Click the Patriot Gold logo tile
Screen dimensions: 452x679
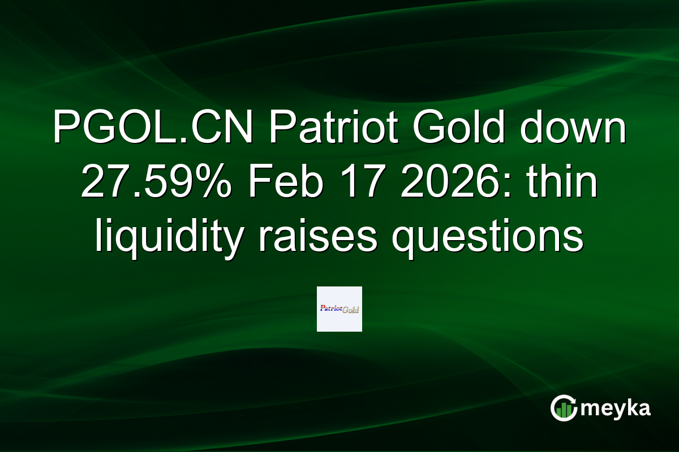pyautogui.click(x=339, y=309)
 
